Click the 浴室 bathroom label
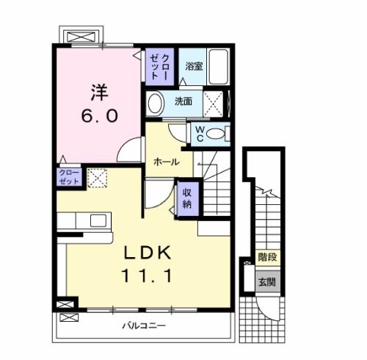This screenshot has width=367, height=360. pyautogui.click(x=194, y=65)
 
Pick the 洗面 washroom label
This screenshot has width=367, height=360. pyautogui.click(x=183, y=101)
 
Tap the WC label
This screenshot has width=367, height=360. pyautogui.click(x=198, y=134)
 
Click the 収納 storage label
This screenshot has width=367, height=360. pyautogui.click(x=186, y=198)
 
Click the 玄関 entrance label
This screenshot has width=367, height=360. pyautogui.click(x=266, y=282)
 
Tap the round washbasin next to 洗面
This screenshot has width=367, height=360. pyautogui.click(x=156, y=102)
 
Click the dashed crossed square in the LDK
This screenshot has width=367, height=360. pyautogui.click(x=97, y=177)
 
